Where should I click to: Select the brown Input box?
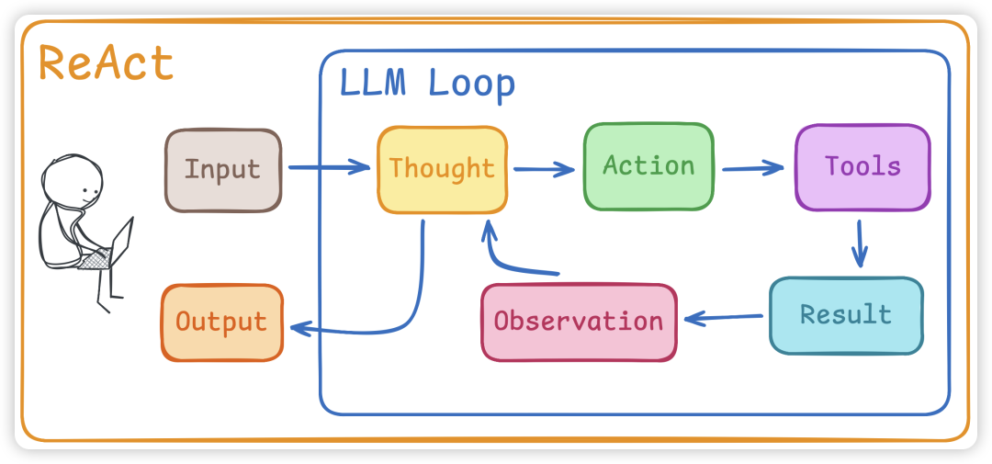(223, 170)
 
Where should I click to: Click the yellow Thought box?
(442, 169)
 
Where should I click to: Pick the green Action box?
(648, 166)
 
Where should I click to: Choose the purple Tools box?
(862, 166)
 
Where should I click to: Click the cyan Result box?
(846, 315)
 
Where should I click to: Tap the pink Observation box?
(579, 322)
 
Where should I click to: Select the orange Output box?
(221, 323)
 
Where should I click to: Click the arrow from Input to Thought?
(328, 168)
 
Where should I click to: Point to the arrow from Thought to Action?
(544, 169)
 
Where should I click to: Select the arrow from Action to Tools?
(753, 168)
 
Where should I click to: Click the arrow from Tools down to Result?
(861, 243)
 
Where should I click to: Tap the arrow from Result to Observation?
(724, 318)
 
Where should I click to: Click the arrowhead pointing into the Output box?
(296, 327)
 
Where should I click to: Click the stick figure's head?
(73, 185)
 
